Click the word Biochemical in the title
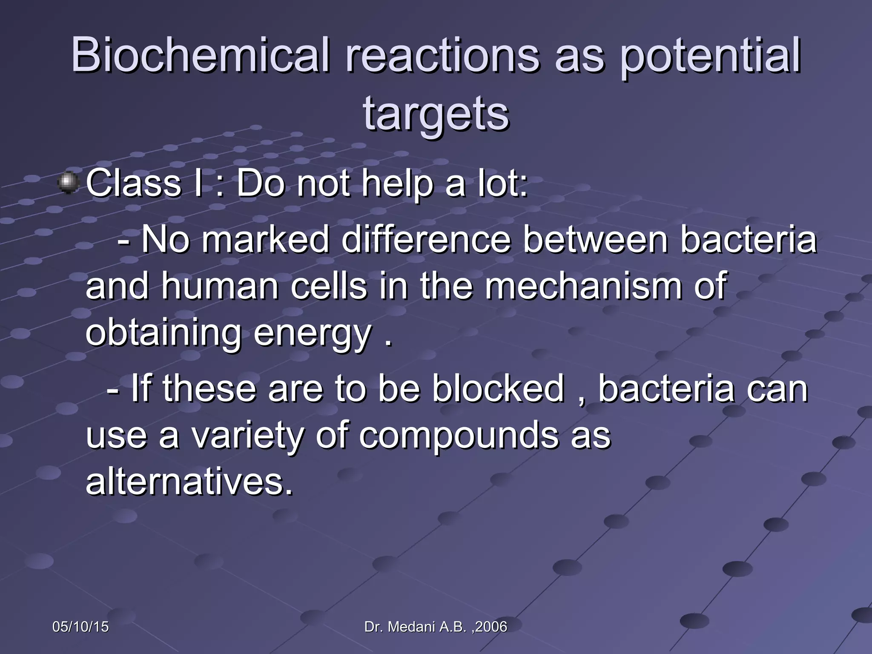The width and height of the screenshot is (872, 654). coord(200,55)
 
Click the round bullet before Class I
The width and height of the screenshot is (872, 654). coord(68,184)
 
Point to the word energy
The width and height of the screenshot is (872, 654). coord(313,334)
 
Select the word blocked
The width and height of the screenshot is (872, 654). coord(499,388)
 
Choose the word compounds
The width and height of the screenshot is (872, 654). coord(458,436)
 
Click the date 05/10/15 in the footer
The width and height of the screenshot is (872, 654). coord(80,627)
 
